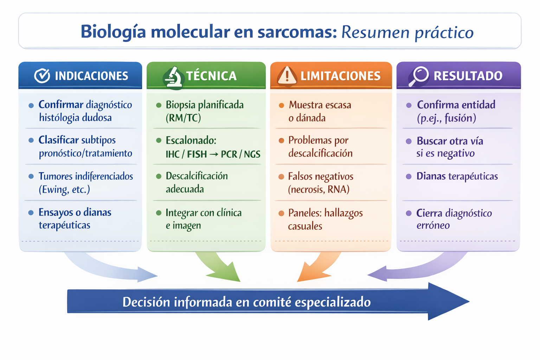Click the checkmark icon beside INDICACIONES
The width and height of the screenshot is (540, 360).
point(42,76)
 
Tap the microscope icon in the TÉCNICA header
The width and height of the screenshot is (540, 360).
point(173,77)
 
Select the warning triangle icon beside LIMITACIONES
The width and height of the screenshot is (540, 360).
point(287,76)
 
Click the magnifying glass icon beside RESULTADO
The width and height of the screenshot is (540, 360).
point(419,76)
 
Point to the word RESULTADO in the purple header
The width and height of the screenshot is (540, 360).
point(468,76)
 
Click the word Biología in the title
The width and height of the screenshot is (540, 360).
point(113,32)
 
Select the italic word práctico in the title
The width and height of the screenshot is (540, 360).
point(444,33)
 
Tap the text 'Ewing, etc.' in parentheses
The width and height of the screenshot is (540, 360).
point(64,189)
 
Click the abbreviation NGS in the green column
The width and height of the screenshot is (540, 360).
point(252,154)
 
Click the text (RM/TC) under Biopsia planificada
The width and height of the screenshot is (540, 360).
point(183,118)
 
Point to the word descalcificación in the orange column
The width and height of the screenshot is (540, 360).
point(320,153)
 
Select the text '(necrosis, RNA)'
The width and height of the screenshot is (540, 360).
point(319,189)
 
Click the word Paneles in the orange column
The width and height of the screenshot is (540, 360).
point(304,213)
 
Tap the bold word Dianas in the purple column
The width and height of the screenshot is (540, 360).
point(431,176)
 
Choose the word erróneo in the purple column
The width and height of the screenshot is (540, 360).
point(433,225)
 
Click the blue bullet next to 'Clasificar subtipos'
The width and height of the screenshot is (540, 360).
point(31,140)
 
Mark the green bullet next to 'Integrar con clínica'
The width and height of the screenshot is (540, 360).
point(159,213)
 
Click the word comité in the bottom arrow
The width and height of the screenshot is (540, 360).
point(272,302)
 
